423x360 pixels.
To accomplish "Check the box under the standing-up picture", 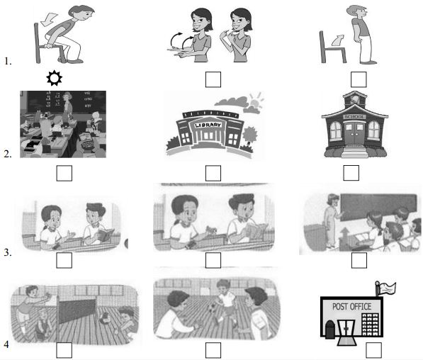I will click(359, 78).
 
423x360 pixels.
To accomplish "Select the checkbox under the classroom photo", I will click(64, 172).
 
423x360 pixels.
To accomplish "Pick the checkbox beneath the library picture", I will click(212, 172).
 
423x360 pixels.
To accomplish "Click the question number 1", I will click(8, 62).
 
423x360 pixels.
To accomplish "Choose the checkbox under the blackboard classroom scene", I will click(359, 259).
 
